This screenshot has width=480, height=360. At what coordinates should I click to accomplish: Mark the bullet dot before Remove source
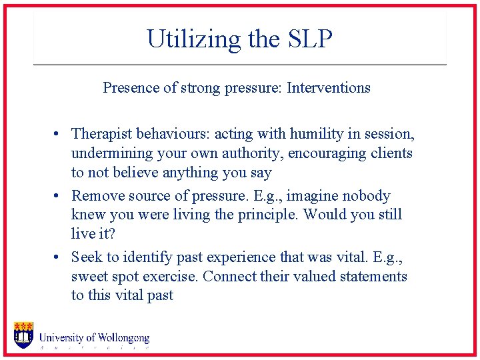[x=59, y=197]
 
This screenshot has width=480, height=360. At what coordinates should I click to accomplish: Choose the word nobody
[x=367, y=196]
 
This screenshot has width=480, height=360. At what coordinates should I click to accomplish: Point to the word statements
[x=373, y=277]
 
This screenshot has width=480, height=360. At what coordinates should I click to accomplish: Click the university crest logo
[x=23, y=335]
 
